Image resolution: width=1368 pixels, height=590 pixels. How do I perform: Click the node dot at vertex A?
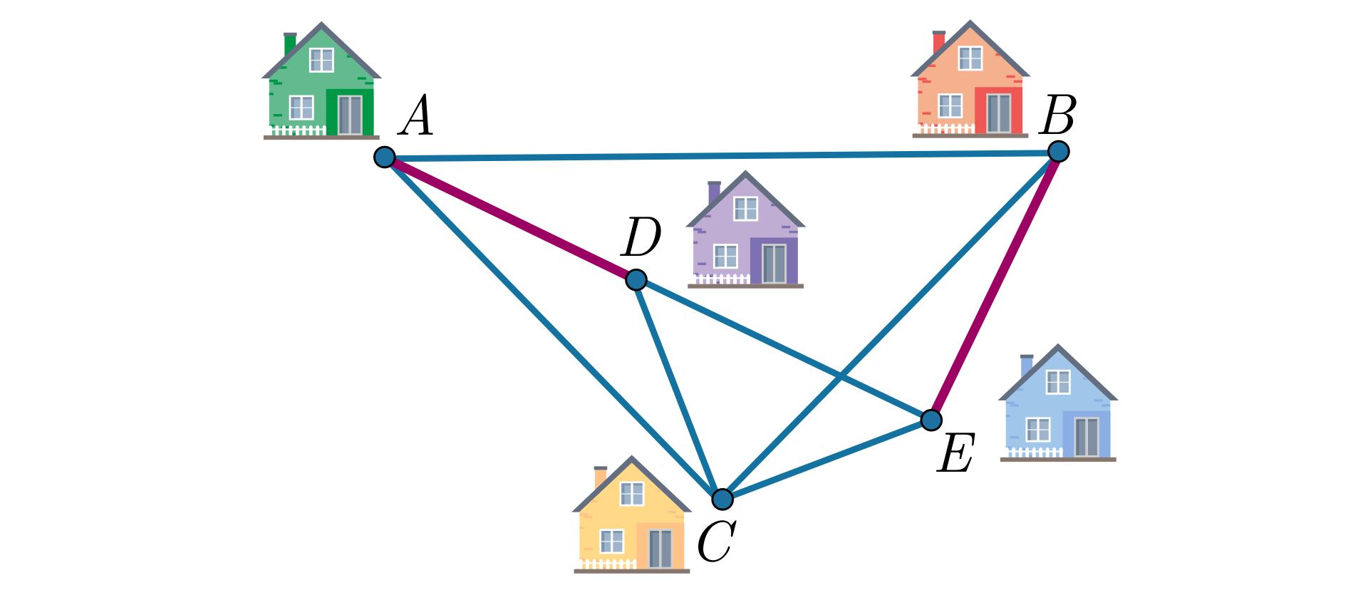coord(385,157)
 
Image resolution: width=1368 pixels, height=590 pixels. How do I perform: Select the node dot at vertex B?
coord(1059,151)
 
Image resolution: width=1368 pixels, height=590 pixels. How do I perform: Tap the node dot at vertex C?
coord(722,499)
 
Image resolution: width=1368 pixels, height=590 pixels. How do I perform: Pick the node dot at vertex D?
coord(636,279)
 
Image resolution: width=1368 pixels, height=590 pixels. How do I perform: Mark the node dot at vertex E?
coord(931,420)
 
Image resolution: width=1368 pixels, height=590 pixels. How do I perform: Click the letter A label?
coord(417,116)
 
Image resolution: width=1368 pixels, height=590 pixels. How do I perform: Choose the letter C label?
coord(715,542)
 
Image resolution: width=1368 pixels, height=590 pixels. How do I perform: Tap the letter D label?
coord(641,238)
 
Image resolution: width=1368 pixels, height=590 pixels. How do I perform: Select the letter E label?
coord(955,453)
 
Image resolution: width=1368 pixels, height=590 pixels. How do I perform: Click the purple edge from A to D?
coord(510,218)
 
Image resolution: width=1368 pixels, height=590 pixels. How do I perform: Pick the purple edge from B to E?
coord(995,286)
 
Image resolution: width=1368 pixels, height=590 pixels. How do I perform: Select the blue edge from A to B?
coord(722,154)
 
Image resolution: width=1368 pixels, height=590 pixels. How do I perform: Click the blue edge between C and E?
coord(826,460)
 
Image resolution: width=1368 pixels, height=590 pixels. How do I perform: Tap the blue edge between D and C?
coord(679,389)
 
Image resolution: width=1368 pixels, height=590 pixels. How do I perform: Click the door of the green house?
coord(350,115)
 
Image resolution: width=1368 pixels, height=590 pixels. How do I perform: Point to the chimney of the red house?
coord(939,42)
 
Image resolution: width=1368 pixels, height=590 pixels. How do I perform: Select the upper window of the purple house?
coord(745,209)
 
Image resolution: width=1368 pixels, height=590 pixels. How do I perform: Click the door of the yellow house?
coord(660,548)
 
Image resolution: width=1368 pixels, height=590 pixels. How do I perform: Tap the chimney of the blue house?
coord(1027,366)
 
